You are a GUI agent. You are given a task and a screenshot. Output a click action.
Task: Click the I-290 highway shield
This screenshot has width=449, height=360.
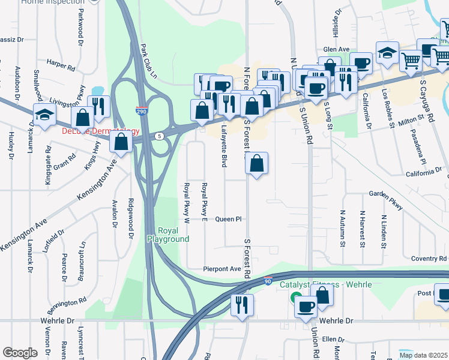coord(140,112)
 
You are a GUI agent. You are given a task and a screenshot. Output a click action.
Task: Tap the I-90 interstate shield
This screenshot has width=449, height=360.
coord(268,280)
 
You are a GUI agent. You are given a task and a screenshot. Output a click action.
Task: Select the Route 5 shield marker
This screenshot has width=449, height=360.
coord(160,136)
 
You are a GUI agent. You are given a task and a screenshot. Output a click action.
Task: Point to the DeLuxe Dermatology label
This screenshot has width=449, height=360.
coord(100,131)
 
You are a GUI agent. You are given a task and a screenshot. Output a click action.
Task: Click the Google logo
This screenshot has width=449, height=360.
coord(20,352)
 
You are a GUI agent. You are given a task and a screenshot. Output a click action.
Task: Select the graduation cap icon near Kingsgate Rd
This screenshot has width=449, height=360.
coord(45,114)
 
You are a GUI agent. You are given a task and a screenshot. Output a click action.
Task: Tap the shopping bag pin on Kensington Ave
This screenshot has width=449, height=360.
coord(121,142)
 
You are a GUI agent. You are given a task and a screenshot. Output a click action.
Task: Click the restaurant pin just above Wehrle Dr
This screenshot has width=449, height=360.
coord(243,304)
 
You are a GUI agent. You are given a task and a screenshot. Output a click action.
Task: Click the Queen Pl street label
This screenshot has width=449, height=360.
coord(228,219)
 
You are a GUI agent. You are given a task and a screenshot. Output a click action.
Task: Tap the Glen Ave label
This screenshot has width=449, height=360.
coord(336,50)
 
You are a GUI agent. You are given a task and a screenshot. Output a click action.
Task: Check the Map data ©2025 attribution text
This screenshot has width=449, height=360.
coord(423,355)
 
